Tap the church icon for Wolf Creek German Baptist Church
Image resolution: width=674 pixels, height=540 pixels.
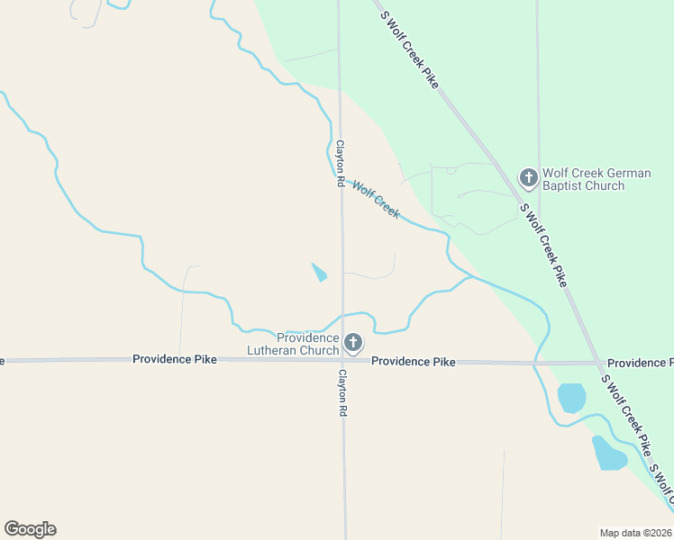click(529, 176)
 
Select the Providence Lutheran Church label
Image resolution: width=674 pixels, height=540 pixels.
click(307, 344)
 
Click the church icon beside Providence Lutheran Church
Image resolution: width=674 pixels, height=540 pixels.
click(353, 342)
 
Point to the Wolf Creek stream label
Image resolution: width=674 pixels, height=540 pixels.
click(376, 199)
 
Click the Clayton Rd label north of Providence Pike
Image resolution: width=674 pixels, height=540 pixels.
click(341, 163)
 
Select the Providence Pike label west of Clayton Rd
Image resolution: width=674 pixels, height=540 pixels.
click(175, 359)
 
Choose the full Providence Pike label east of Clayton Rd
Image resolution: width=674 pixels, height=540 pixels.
click(414, 362)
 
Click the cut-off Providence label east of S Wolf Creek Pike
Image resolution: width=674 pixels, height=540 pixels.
click(640, 363)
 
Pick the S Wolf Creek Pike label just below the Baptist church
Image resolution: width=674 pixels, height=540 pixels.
click(543, 245)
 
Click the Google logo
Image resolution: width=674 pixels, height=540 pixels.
click(30, 529)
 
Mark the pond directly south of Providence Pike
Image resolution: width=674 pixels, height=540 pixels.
click(572, 398)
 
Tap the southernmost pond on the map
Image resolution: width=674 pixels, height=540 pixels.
click(608, 454)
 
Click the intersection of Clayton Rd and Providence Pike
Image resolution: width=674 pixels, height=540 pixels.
click(342, 360)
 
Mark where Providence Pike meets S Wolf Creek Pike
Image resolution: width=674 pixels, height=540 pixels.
click(599, 364)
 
